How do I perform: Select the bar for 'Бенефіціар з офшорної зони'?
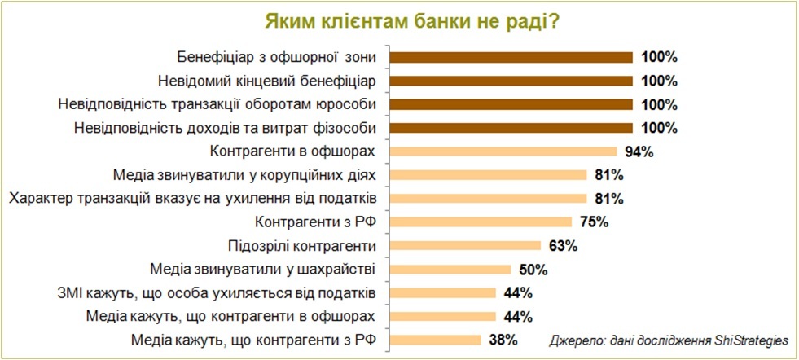pos(511,57)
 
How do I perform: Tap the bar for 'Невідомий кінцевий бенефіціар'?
pos(511,81)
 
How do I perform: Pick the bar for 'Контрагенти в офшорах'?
pos(503,151)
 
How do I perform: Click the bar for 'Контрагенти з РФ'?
pos(481,222)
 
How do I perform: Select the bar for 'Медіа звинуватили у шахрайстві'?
pos(450,269)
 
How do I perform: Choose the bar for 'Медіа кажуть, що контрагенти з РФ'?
pos(436,340)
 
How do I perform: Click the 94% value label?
pos(638,151)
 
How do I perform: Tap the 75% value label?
pos(592,222)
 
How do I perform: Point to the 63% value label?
pos(563,245)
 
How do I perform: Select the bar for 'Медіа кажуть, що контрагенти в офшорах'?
pos(443,316)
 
